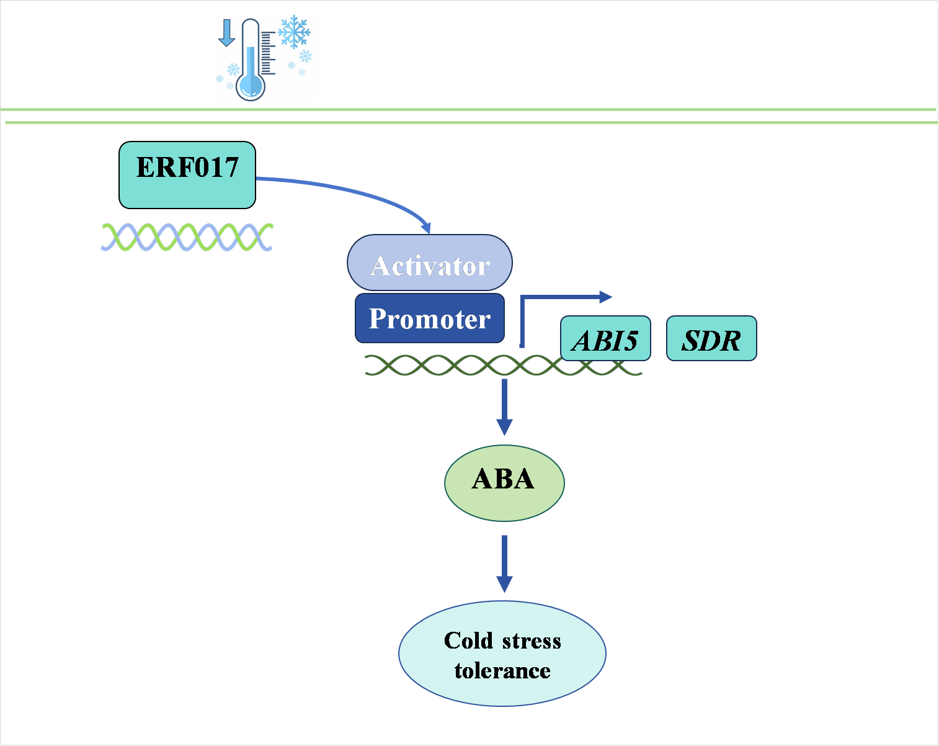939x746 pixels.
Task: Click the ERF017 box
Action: point(187,174)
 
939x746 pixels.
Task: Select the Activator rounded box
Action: point(430,263)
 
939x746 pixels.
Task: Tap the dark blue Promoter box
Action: point(430,318)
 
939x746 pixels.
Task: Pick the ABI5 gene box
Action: point(605,339)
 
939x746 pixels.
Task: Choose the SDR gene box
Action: point(711,339)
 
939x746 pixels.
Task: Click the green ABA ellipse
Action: point(504,482)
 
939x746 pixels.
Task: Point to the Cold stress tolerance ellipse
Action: point(502,654)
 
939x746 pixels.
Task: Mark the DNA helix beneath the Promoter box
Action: point(502,366)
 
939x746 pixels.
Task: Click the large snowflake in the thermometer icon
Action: point(294,32)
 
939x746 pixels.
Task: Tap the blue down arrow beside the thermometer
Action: point(227,33)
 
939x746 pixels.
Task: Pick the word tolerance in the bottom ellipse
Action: point(502,671)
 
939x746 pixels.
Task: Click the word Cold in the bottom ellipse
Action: point(468,640)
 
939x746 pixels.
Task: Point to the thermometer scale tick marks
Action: point(267,53)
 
